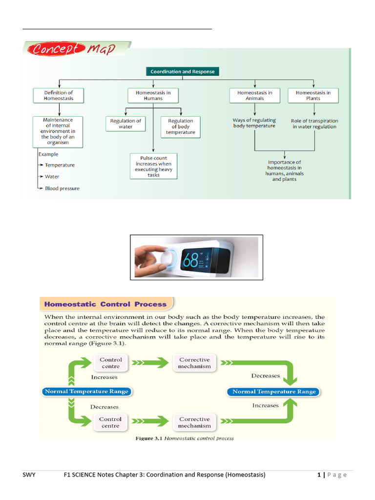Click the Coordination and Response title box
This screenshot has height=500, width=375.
pyautogui.click(x=183, y=71)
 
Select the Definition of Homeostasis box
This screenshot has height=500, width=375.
pyautogui.click(x=59, y=95)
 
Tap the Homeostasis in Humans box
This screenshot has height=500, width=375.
pyautogui.click(x=153, y=95)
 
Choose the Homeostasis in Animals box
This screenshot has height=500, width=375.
pyautogui.click(x=255, y=95)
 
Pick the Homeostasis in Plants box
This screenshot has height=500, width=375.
pyautogui.click(x=313, y=95)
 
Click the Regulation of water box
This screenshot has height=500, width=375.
pyautogui.click(x=125, y=124)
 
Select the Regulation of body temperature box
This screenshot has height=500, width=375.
pyautogui.click(x=180, y=126)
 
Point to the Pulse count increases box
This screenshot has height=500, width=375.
pyautogui.click(x=153, y=167)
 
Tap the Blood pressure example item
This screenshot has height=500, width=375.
pyautogui.click(x=62, y=188)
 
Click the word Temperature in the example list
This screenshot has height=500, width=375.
pyautogui.click(x=60, y=165)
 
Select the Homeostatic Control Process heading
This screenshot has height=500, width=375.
pyautogui.click(x=105, y=304)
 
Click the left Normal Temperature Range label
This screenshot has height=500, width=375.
pyautogui.click(x=86, y=391)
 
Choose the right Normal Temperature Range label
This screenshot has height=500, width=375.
pyautogui.click(x=273, y=392)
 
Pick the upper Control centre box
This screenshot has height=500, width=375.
pyautogui.click(x=111, y=363)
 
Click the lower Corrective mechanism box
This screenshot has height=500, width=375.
pyautogui.click(x=195, y=422)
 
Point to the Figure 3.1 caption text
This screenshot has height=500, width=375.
pyautogui.click(x=184, y=438)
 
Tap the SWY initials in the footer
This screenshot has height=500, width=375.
pyautogui.click(x=29, y=475)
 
